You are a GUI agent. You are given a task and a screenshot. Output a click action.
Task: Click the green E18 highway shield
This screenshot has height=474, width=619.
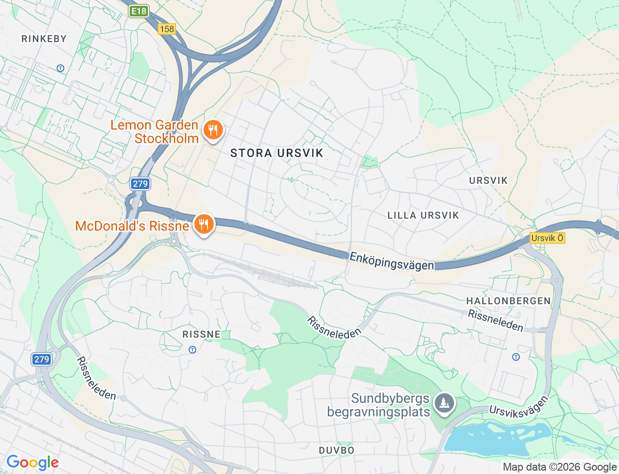pyautogui.click(x=139, y=12)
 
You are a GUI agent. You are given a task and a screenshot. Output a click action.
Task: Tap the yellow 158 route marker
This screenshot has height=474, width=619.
pyautogui.click(x=166, y=29)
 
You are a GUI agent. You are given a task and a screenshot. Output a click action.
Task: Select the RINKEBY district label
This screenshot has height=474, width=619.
pyautogui.click(x=44, y=39)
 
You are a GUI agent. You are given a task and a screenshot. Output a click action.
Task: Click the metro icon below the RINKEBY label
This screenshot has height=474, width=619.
pyautogui.click(x=60, y=68)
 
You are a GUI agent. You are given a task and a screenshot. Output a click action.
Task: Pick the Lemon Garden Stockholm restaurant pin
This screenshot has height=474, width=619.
pyautogui.click(x=212, y=130)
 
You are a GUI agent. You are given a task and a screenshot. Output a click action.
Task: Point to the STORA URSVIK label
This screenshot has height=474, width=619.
pyautogui.click(x=277, y=153)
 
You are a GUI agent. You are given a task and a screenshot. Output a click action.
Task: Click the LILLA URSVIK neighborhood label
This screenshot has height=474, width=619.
pyautogui.click(x=423, y=215)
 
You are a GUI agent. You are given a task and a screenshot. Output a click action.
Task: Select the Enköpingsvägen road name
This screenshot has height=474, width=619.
pyautogui.click(x=391, y=261)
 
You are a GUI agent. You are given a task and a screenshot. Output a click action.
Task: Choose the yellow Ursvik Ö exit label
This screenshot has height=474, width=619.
pyautogui.click(x=547, y=238)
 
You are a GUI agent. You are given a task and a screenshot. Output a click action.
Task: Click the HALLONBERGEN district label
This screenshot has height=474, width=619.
pyautogui.click(x=508, y=301)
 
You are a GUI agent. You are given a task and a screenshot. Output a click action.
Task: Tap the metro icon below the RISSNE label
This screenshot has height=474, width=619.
pyautogui.click(x=192, y=350)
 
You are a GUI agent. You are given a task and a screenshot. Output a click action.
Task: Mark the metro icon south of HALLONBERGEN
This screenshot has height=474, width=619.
pyautogui.click(x=516, y=357)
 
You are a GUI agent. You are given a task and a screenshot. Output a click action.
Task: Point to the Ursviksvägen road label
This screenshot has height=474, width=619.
pyautogui.click(x=518, y=406)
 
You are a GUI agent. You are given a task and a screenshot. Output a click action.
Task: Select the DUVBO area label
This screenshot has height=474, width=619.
pyautogui.click(x=337, y=450)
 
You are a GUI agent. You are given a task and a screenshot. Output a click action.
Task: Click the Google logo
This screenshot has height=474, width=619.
pyautogui.click(x=32, y=462)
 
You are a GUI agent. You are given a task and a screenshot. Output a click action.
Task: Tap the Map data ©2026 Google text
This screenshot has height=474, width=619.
pyautogui.click(x=560, y=467)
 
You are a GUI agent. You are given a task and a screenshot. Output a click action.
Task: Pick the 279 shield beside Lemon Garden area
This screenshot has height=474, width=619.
pyautogui.click(x=140, y=184)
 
